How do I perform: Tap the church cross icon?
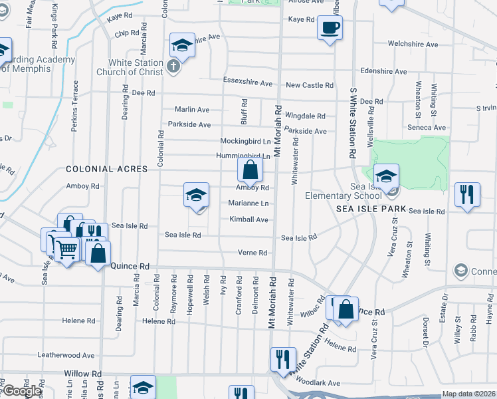[x=173, y=66]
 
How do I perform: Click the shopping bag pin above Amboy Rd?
[x=250, y=170]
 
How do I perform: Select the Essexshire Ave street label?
[x=248, y=84]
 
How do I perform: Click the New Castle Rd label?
[x=309, y=85]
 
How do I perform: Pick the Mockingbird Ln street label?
[x=246, y=142]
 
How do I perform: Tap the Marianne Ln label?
[x=248, y=203]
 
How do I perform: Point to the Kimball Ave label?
[x=248, y=219]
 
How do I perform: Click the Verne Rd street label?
[x=252, y=253]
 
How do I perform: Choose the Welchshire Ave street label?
[x=413, y=45]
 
